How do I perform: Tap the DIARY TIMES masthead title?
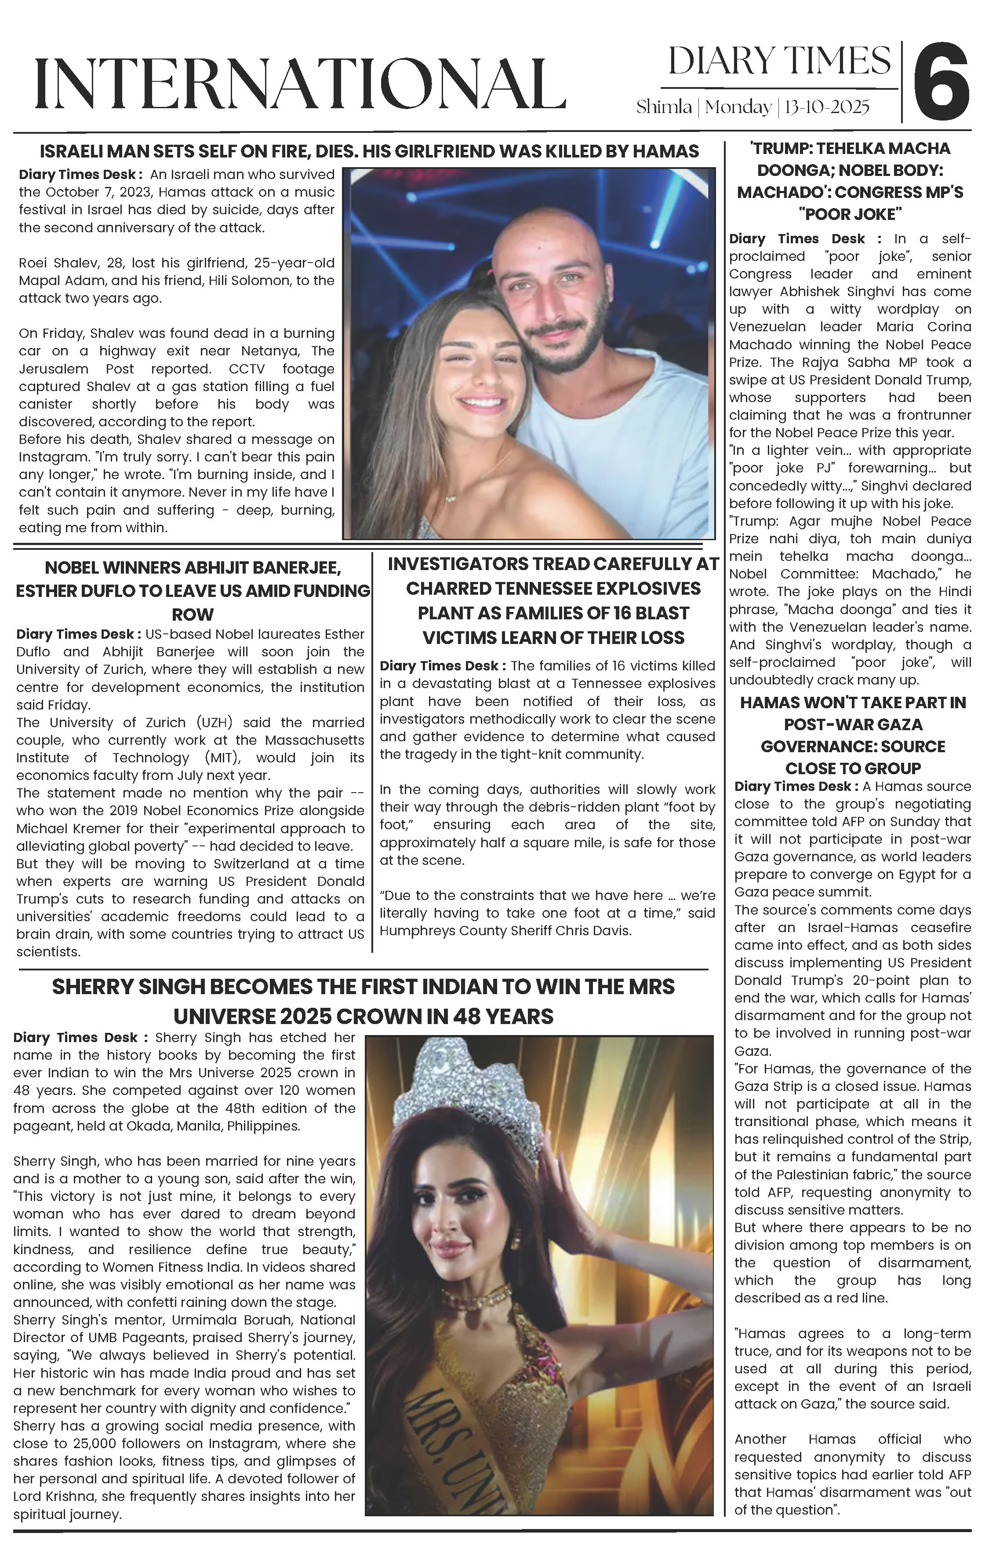(x=779, y=62)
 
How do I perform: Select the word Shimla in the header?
(x=663, y=107)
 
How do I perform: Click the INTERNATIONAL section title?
(x=300, y=84)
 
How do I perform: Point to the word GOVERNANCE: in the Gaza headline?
(x=852, y=746)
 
